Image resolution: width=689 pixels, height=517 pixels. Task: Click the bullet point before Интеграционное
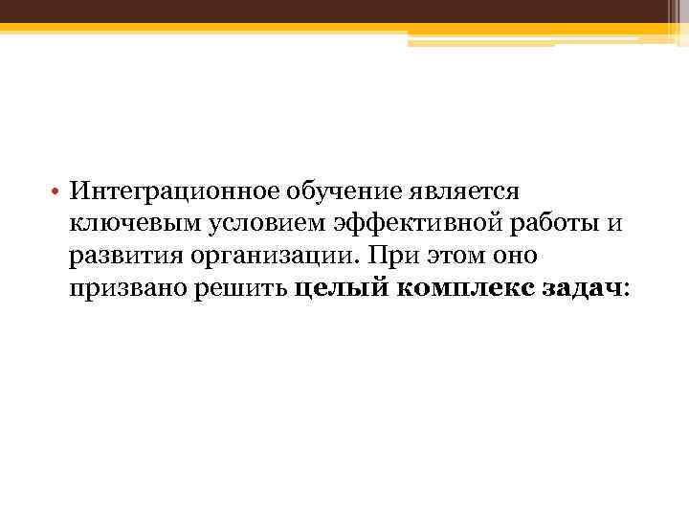[x=58, y=192]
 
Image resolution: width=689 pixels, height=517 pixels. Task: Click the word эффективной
[x=423, y=224]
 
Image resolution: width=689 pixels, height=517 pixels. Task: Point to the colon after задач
[x=627, y=288]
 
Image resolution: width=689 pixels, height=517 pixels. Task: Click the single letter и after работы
[x=614, y=224]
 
